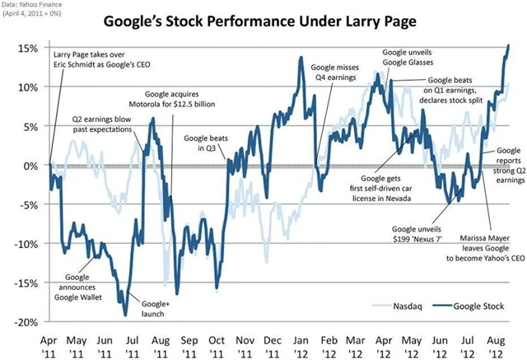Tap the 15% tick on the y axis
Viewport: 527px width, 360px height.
coord(25,48)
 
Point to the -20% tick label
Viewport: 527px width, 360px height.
coord(23,323)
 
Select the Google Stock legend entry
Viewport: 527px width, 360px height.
coord(472,306)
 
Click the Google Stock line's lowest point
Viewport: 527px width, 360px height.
coord(125,315)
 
